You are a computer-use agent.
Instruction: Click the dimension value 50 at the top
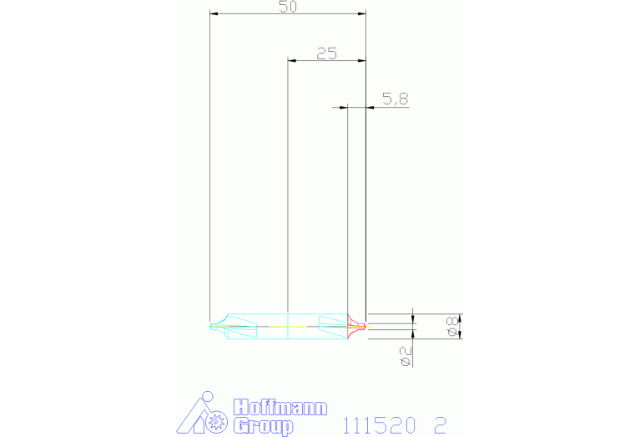coord(288,7)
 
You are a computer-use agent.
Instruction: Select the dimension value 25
coord(326,53)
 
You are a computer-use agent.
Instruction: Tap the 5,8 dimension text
coord(395,99)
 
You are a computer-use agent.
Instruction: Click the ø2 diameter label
coord(406,354)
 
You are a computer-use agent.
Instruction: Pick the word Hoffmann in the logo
coord(280,408)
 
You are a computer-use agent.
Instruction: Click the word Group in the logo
coord(263,427)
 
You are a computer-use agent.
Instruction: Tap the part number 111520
coord(379,425)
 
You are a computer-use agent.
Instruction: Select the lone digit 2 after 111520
coord(440,425)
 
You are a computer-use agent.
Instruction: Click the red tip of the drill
coord(358,325)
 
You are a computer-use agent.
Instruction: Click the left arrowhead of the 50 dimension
coord(214,14)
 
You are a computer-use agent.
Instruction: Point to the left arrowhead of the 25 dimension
coord(291,60)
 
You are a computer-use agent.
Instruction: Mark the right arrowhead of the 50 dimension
coord(362,14)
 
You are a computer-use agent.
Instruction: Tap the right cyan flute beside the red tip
coord(332,326)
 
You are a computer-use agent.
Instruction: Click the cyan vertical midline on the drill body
coord(287,326)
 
